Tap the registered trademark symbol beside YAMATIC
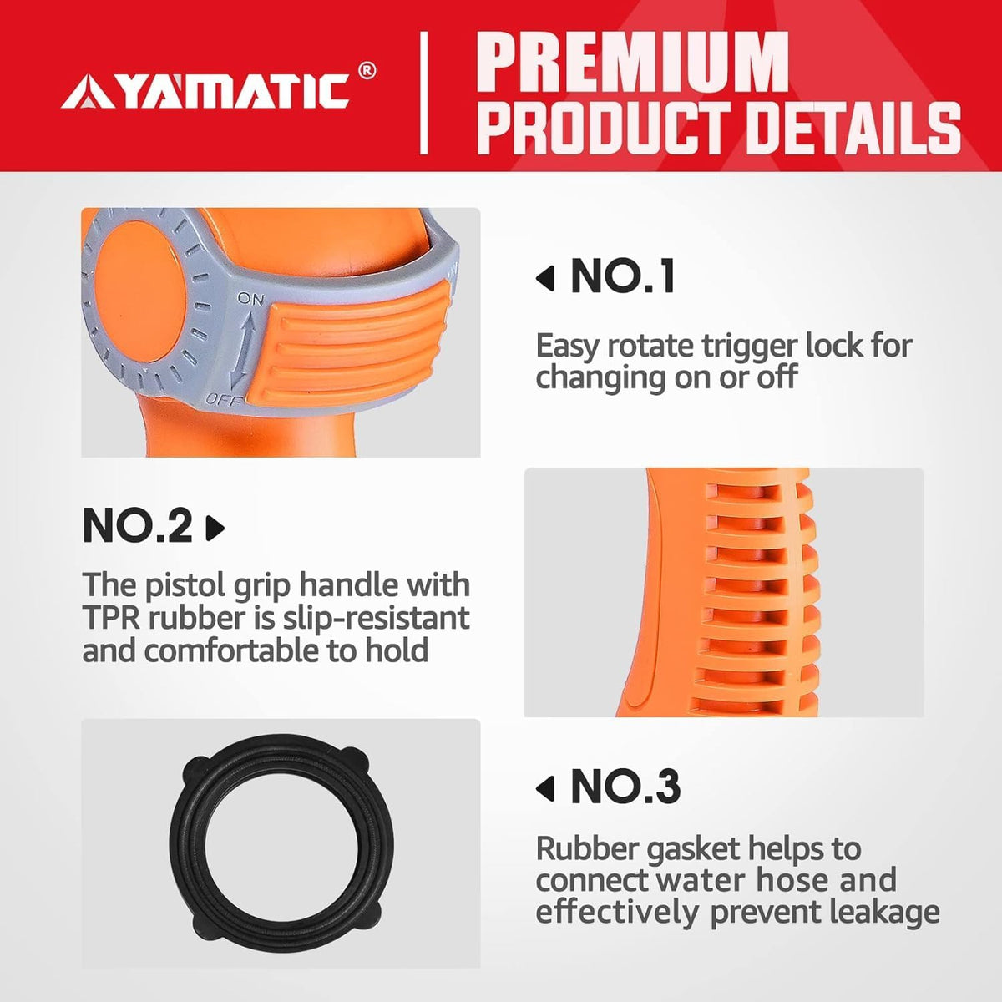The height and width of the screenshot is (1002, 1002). [x=367, y=71]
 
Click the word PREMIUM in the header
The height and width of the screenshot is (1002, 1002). [x=632, y=63]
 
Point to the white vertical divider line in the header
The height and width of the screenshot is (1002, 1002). [x=424, y=93]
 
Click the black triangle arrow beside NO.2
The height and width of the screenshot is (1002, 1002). [x=215, y=528]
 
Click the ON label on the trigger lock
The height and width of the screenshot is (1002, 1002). [x=250, y=298]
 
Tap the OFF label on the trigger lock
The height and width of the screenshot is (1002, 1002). [x=224, y=400]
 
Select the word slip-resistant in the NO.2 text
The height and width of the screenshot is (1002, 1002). [x=377, y=619]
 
